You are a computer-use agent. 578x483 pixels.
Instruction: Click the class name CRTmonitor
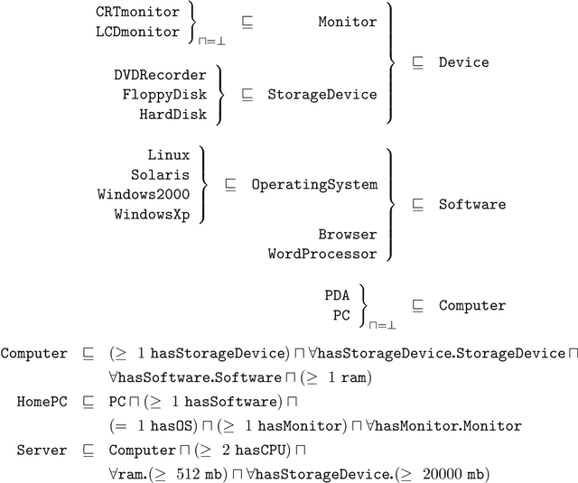coord(137,13)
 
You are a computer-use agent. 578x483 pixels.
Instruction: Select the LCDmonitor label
coord(137,32)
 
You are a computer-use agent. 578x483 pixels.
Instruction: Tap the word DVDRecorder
coord(160,75)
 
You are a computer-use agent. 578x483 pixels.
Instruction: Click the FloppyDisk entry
coord(164,94)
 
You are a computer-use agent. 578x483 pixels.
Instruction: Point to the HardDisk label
coord(172,114)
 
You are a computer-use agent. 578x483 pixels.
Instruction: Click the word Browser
coord(347,235)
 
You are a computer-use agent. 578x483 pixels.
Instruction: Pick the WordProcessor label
coord(322,255)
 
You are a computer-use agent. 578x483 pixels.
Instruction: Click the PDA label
coord(337,295)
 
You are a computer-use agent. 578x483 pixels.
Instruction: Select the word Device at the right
coord(463,62)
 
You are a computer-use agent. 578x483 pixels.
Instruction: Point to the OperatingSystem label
coord(314,184)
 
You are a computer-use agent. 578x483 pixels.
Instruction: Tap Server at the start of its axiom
coord(42,450)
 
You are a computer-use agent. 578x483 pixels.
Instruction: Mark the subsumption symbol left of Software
coord(417,204)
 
